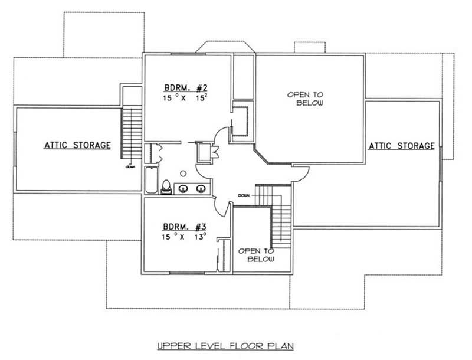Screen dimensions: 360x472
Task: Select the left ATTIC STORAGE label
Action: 77,145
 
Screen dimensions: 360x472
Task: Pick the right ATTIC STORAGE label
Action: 402,145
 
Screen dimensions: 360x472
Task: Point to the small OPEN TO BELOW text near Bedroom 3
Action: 256,255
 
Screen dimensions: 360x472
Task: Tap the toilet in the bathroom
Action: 167,186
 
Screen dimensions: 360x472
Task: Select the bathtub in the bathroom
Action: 151,179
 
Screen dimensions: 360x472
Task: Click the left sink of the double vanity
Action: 184,189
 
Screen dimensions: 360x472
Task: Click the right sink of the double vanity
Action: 201,189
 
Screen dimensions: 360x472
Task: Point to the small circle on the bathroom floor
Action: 183,173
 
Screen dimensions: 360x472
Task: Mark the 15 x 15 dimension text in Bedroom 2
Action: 186,99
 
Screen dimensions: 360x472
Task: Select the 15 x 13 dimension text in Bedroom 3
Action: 185,238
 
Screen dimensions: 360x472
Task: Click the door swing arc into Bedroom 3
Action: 221,204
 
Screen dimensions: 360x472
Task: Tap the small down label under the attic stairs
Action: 130,167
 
